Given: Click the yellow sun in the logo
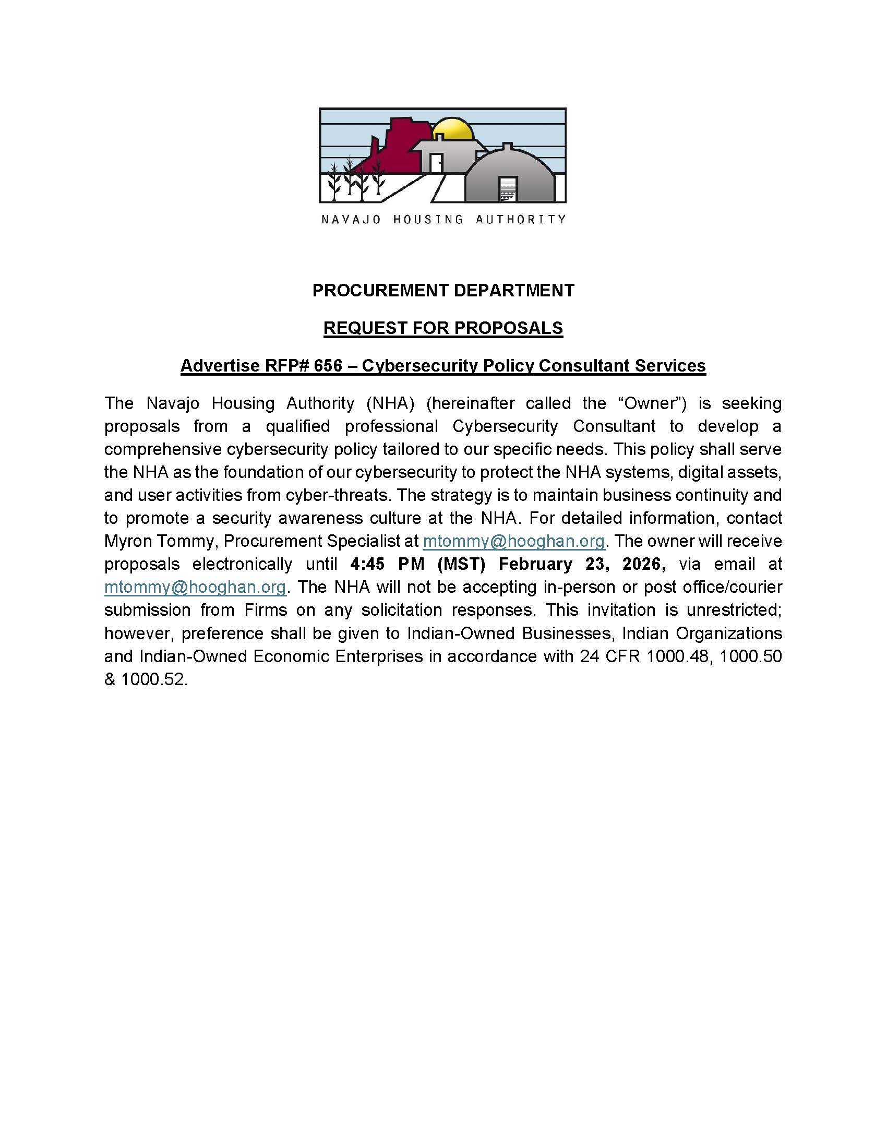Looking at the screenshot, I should (454, 129).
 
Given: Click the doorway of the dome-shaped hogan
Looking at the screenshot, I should (508, 190).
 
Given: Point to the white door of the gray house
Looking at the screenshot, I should (436, 163).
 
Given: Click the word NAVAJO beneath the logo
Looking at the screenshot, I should (351, 220).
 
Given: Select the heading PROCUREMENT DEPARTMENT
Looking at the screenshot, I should (443, 290).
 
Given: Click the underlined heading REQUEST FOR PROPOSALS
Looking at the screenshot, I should (443, 328).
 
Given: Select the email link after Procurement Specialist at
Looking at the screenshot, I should (513, 541).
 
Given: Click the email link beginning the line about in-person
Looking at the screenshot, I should (195, 587).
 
